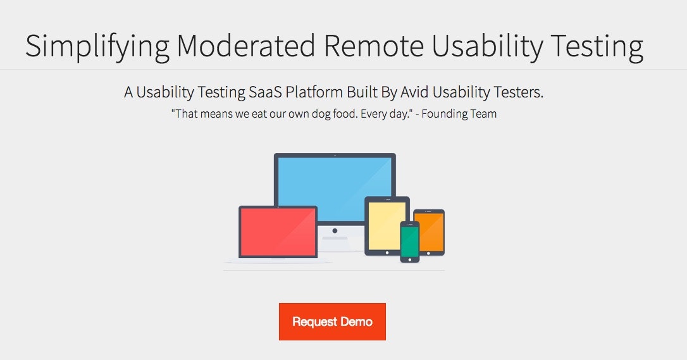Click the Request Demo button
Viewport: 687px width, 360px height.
(332, 321)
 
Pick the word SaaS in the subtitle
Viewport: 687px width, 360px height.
(264, 92)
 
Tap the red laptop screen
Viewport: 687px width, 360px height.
(278, 232)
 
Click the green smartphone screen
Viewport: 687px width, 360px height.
(409, 242)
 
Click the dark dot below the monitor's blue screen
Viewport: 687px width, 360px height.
(335, 231)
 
